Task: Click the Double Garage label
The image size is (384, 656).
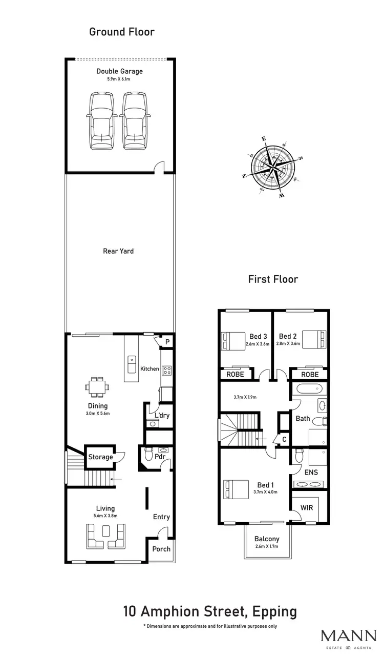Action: pyautogui.click(x=119, y=71)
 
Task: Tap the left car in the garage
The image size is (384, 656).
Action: pyautogui.click(x=102, y=121)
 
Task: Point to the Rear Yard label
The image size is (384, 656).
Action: pyautogui.click(x=118, y=251)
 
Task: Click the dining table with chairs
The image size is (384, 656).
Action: pyautogui.click(x=97, y=387)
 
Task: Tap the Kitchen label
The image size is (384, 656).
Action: pyautogui.click(x=150, y=369)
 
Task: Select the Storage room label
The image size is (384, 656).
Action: pyautogui.click(x=100, y=457)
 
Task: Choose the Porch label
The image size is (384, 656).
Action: pyautogui.click(x=161, y=550)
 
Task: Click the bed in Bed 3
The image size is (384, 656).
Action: pyautogui.click(x=233, y=340)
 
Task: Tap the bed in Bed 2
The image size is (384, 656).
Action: pyautogui.click(x=313, y=340)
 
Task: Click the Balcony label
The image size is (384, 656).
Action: pyautogui.click(x=267, y=539)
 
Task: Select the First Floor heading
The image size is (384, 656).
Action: pyautogui.click(x=273, y=279)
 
